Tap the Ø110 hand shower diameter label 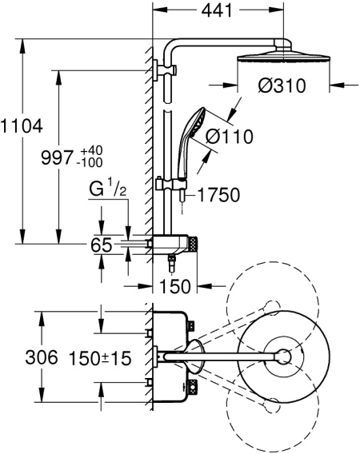coord(229,136)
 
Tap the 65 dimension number coord(102,246)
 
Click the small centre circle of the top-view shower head coord(284,357)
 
